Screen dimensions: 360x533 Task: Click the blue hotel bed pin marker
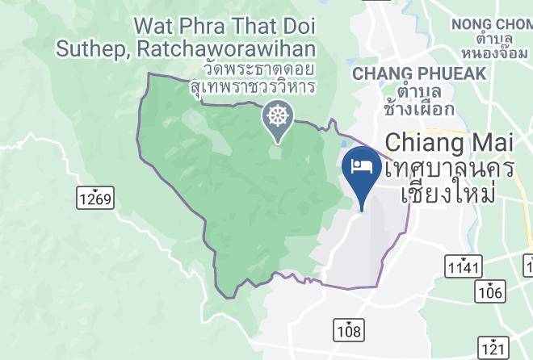[359, 168]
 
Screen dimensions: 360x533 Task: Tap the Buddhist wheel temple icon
[277, 117]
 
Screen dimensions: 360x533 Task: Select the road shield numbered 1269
[96, 197]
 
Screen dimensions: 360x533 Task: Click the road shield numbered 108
[349, 329]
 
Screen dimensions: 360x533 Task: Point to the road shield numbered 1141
[462, 266]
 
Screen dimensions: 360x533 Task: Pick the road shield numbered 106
[489, 291]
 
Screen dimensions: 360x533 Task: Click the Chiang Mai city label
[448, 143]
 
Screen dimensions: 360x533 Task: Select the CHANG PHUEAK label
[419, 73]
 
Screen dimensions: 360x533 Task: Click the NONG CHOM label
[490, 24]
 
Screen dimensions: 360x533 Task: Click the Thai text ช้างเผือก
[419, 107]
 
